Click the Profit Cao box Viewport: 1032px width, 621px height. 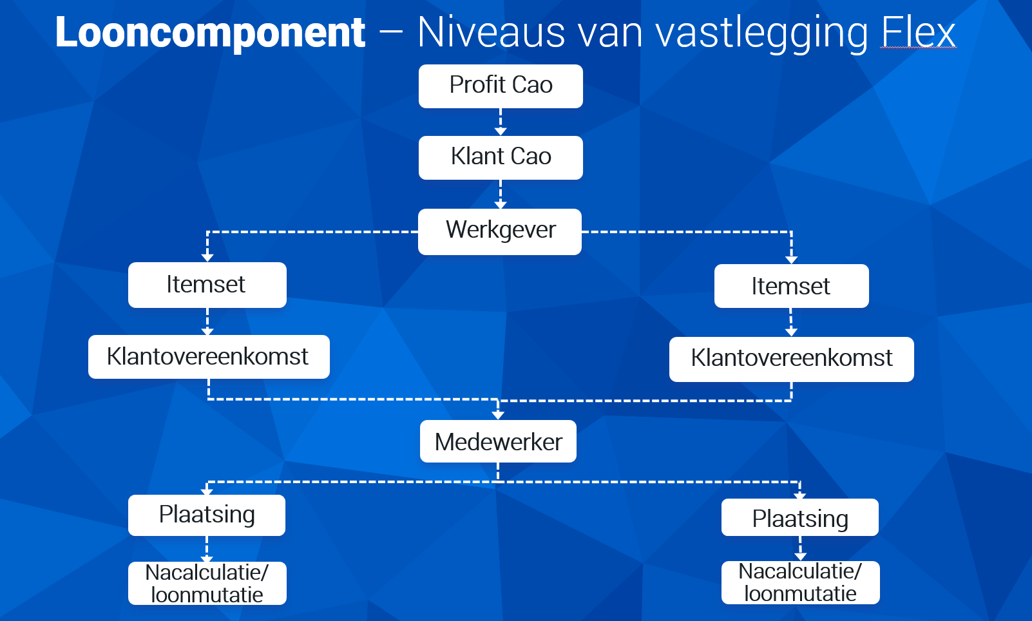click(x=501, y=86)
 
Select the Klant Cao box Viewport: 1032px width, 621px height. click(x=501, y=158)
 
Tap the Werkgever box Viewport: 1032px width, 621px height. click(x=500, y=232)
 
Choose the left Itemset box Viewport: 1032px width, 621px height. click(x=207, y=285)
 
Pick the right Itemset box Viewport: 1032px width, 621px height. click(x=792, y=285)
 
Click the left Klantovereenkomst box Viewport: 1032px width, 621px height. click(x=209, y=357)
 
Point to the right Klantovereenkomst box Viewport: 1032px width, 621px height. click(x=792, y=359)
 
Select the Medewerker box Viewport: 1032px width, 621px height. click(x=498, y=441)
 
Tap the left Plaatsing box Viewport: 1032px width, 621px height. click(x=207, y=515)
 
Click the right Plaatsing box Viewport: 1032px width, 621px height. click(x=800, y=517)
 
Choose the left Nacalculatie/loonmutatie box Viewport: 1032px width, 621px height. click(x=207, y=583)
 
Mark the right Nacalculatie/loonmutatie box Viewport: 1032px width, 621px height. click(x=800, y=582)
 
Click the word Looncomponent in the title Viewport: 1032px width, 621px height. click(x=210, y=32)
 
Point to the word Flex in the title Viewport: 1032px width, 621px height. click(x=918, y=32)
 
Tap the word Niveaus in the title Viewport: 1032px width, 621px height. click(x=491, y=32)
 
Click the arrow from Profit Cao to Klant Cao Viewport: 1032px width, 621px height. click(x=501, y=122)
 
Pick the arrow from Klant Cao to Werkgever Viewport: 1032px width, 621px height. click(x=501, y=195)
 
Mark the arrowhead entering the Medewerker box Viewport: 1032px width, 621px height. click(x=497, y=416)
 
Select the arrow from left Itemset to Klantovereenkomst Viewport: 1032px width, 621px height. click(x=207, y=321)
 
